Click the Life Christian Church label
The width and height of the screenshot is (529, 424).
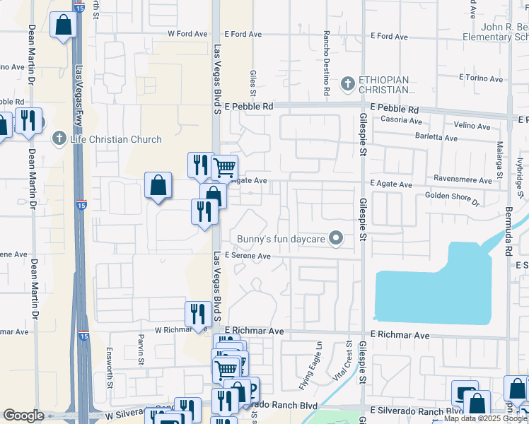point(116,139)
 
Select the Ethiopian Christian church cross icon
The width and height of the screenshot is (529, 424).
point(347,84)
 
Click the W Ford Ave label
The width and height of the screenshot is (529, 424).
point(187,34)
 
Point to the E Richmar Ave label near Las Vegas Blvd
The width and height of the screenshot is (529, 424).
point(254,331)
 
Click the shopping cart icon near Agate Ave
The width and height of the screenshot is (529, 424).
point(224,168)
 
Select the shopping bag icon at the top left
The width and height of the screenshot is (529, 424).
point(63,25)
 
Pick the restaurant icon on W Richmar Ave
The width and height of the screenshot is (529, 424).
point(195,313)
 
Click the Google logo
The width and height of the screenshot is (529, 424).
point(23,416)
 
